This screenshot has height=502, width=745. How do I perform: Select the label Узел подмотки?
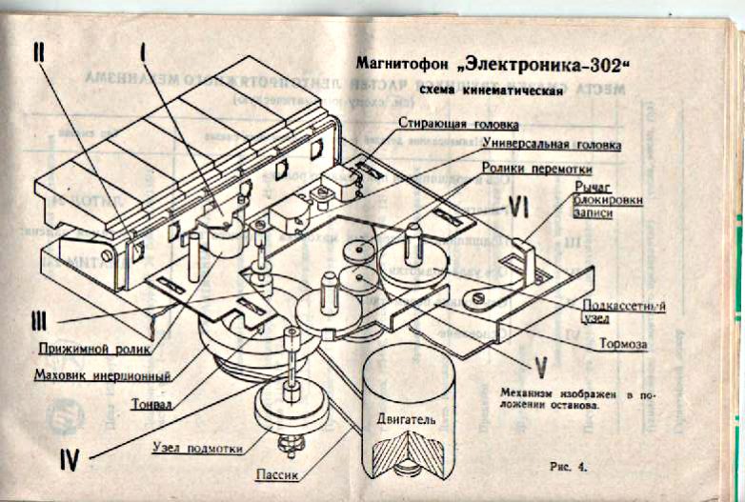pos(197,448)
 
